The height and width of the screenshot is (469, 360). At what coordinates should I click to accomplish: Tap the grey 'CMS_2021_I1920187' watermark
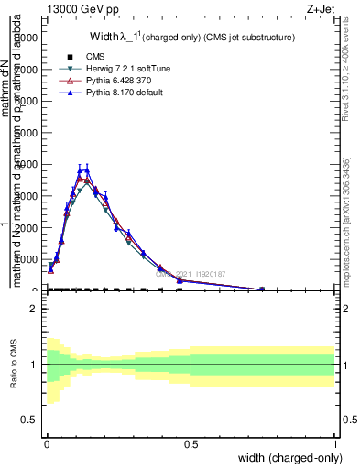coord(190,273)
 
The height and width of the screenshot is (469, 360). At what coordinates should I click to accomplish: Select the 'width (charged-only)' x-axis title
coord(288,457)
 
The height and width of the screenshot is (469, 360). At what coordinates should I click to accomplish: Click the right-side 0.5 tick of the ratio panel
coord(346,420)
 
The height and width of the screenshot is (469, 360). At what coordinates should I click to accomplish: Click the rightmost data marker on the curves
coord(262,289)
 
